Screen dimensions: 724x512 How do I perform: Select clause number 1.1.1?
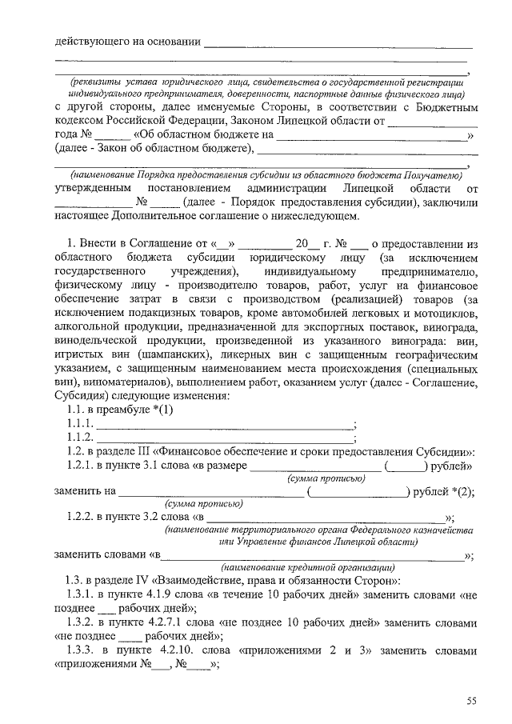81,424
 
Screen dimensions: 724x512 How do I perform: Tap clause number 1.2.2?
82,517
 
